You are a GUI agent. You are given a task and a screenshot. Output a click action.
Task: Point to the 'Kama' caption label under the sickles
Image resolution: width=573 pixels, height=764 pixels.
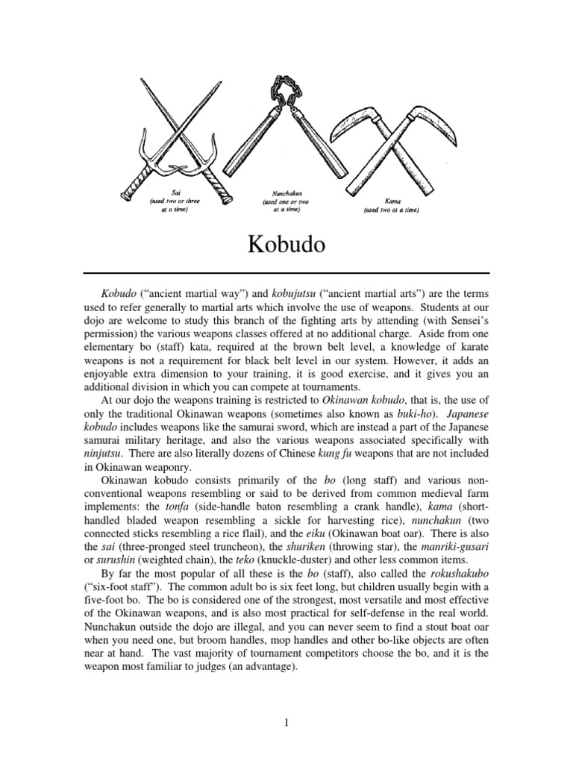(x=390, y=201)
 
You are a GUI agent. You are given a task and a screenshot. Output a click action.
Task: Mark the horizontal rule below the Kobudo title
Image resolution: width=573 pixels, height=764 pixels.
(x=286, y=274)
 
